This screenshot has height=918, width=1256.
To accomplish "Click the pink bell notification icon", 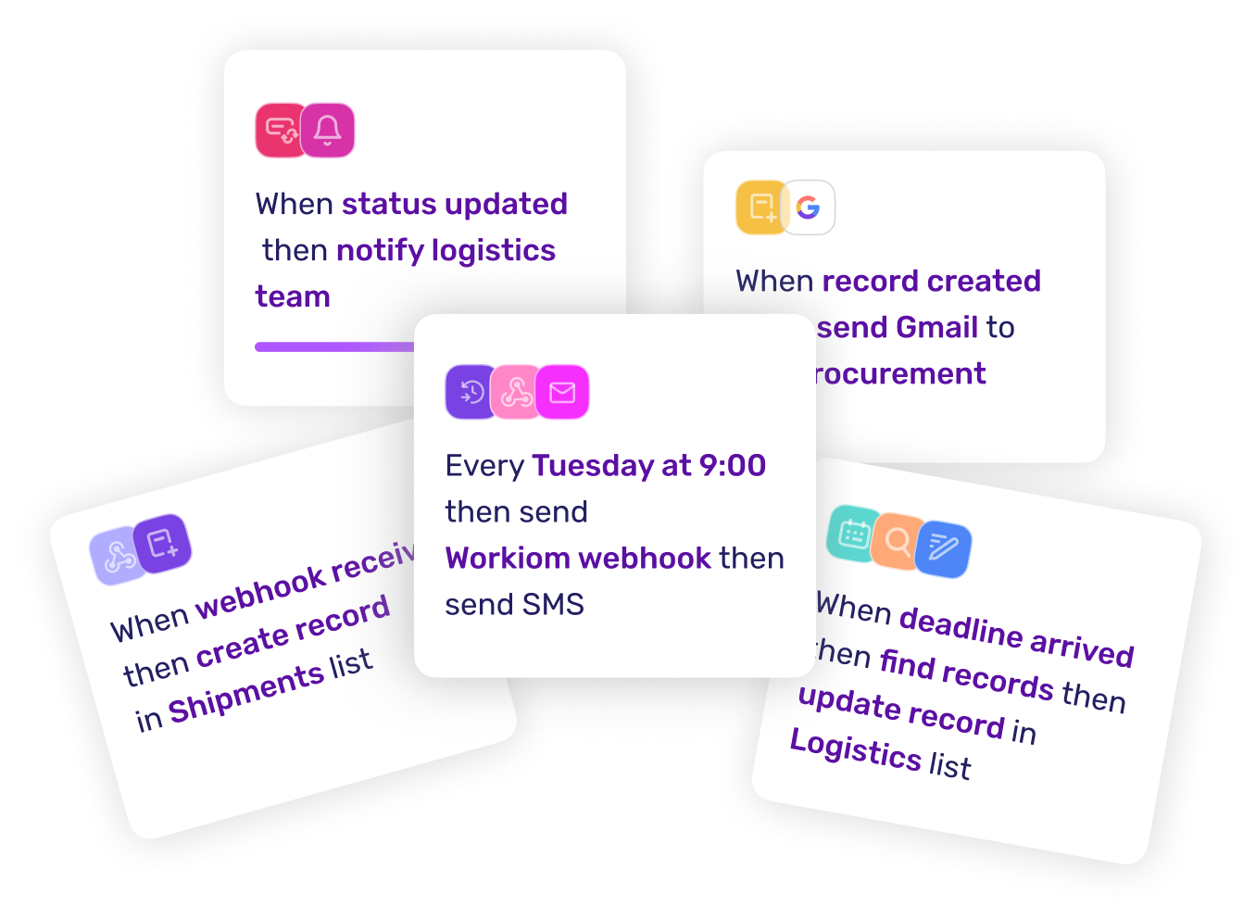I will [328, 131].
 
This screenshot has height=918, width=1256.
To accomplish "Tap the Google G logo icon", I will [808, 207].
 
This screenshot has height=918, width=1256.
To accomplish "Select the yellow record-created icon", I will [760, 207].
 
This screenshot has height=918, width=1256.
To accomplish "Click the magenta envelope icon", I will [562, 393].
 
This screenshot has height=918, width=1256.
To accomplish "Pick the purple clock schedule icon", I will [471, 392].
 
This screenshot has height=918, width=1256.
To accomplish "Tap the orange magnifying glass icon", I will [897, 540].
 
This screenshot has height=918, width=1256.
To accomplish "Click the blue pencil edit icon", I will [943, 548].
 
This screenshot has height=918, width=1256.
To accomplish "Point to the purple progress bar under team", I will [334, 346].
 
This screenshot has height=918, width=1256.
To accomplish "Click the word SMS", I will [553, 605].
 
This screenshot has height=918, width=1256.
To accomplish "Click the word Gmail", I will [936, 327].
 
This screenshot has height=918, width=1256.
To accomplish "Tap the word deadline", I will [961, 627].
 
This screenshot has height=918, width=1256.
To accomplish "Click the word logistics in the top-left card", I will [493, 251].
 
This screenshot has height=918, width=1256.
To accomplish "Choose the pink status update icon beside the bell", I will [281, 131].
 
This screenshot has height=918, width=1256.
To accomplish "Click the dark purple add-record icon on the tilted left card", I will [162, 543].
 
